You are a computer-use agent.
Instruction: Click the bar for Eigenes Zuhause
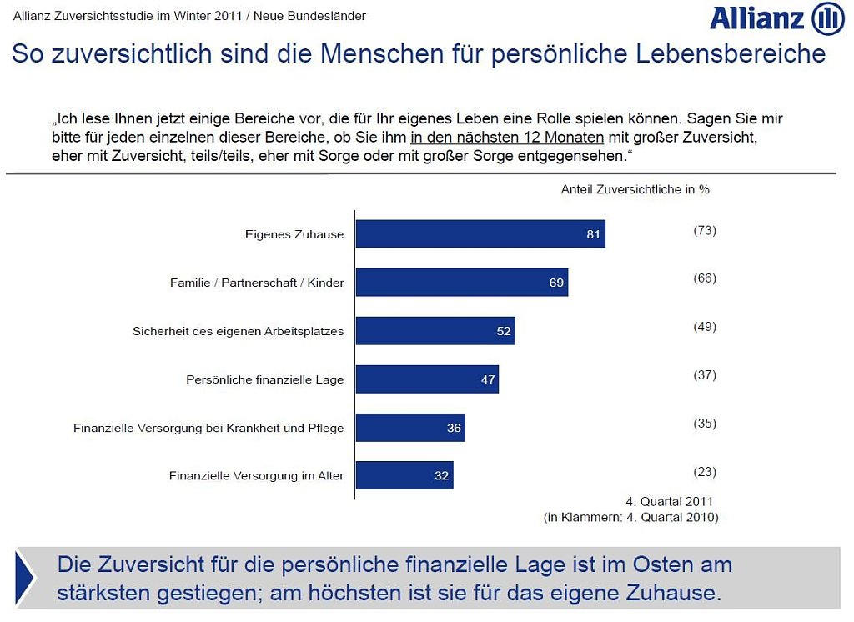(480, 234)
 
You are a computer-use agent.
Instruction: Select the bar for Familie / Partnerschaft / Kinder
(461, 283)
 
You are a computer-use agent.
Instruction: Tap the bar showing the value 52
(435, 331)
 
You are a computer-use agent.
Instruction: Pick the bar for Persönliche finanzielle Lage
(426, 379)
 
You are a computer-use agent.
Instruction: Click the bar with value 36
(409, 428)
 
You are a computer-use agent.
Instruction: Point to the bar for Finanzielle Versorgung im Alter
(404, 476)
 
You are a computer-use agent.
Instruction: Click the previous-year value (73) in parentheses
(705, 230)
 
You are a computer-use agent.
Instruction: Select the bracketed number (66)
(705, 278)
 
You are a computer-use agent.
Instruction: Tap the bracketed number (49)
(705, 327)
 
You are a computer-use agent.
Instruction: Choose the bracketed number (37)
(705, 375)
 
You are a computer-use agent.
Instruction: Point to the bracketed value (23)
(705, 472)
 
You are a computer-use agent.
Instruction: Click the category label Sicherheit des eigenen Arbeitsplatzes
(238, 331)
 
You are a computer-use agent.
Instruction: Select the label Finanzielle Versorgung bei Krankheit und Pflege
(208, 428)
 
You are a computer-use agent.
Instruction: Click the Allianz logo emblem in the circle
(827, 19)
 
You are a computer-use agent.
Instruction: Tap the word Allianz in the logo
(757, 19)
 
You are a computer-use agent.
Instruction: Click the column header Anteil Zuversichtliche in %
(635, 189)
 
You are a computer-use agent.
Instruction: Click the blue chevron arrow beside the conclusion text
(25, 578)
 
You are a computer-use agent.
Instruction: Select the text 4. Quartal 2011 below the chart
(670, 501)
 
